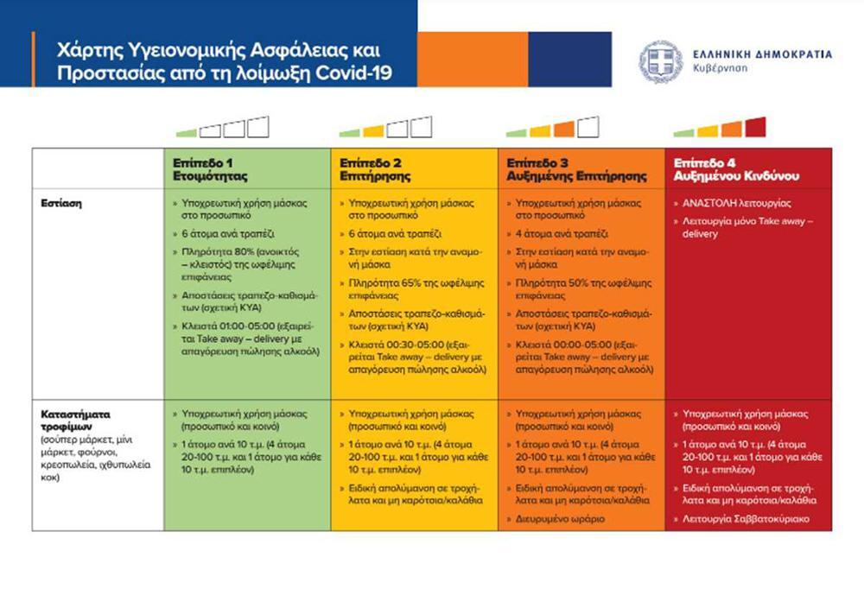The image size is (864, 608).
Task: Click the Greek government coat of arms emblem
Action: pyautogui.click(x=661, y=60)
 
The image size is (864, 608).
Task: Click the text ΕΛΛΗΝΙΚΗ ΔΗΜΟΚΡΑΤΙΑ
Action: pyautogui.click(x=762, y=54)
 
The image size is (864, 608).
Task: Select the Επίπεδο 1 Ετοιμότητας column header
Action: pyautogui.click(x=210, y=169)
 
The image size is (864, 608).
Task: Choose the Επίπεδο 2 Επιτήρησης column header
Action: pyautogui.click(x=372, y=169)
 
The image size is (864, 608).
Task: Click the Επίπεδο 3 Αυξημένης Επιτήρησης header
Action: pyautogui.click(x=575, y=169)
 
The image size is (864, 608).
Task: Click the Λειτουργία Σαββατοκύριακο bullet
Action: pyautogui.click(x=743, y=519)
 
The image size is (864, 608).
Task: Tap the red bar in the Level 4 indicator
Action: pyautogui.click(x=755, y=128)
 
